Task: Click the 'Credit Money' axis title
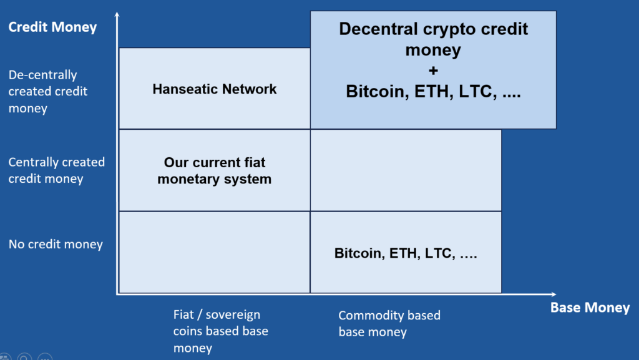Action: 52,27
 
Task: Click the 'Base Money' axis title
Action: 590,308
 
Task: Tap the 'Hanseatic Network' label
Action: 214,89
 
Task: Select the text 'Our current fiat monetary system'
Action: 214,170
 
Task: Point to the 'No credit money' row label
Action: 56,244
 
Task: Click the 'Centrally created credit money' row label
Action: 56,170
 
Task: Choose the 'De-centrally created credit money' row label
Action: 48,91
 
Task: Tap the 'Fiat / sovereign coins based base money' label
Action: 220,331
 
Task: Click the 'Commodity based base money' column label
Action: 389,323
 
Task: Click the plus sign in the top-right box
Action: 433,70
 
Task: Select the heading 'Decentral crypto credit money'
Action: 433,39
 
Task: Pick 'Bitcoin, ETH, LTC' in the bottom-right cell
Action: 406,253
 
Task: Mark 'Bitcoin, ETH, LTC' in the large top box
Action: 433,92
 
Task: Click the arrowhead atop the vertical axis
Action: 117,14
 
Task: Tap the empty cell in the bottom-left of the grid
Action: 214,252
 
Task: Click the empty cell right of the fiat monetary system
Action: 406,170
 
